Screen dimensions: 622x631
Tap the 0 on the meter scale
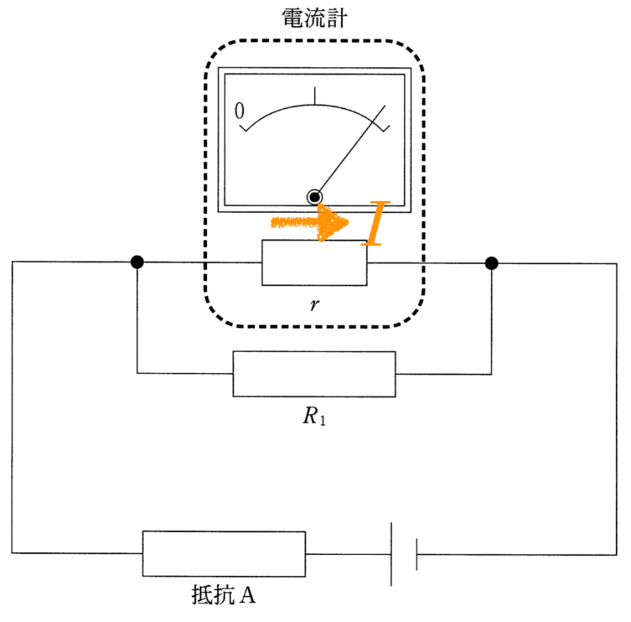(x=240, y=111)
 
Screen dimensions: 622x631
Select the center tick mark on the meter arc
(x=315, y=95)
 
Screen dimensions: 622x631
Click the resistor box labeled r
(x=314, y=262)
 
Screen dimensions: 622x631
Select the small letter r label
(x=314, y=305)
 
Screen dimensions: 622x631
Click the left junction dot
(x=137, y=262)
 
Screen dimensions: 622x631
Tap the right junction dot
(x=491, y=263)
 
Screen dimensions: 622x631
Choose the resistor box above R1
(x=314, y=373)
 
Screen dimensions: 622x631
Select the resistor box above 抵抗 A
(x=223, y=553)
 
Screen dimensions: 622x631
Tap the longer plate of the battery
(x=391, y=553)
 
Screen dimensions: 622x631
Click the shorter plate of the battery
(x=417, y=554)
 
